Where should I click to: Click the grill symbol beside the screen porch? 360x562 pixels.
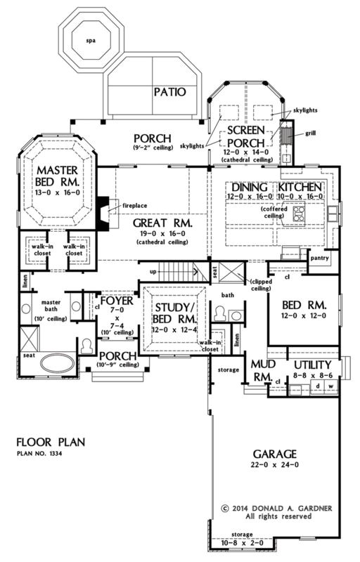click(x=287, y=135)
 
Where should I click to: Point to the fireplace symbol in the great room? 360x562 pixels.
click(x=103, y=209)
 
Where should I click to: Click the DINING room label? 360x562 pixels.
click(x=246, y=187)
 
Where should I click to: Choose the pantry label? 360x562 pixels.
click(x=320, y=259)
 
